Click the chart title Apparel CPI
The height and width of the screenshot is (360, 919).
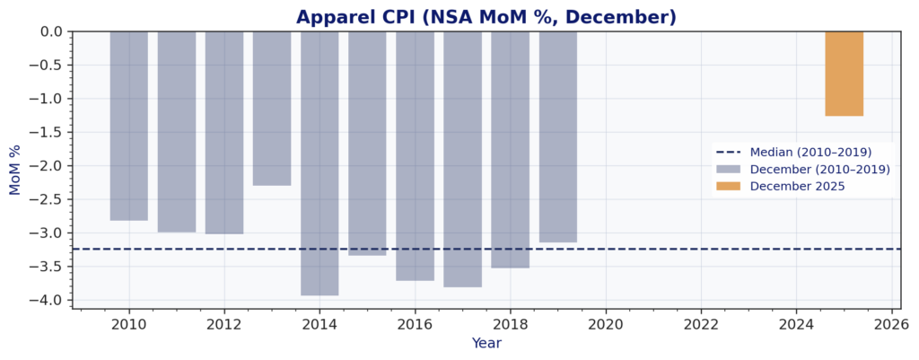click(486, 17)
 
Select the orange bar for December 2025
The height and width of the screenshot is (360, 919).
click(844, 74)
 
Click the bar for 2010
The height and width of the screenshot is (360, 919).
click(129, 126)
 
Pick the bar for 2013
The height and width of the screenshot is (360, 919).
click(272, 108)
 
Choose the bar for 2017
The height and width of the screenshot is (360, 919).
click(462, 159)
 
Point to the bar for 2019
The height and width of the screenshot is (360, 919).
click(557, 136)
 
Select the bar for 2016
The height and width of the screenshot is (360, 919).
click(415, 156)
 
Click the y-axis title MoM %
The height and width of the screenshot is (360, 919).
click(14, 170)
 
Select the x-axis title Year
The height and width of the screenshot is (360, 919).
click(486, 343)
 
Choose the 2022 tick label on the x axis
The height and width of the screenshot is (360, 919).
click(700, 323)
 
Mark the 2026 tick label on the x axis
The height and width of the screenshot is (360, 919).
click(890, 323)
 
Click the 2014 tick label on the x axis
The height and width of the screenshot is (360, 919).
click(319, 323)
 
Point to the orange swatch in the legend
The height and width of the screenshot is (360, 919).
click(728, 186)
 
